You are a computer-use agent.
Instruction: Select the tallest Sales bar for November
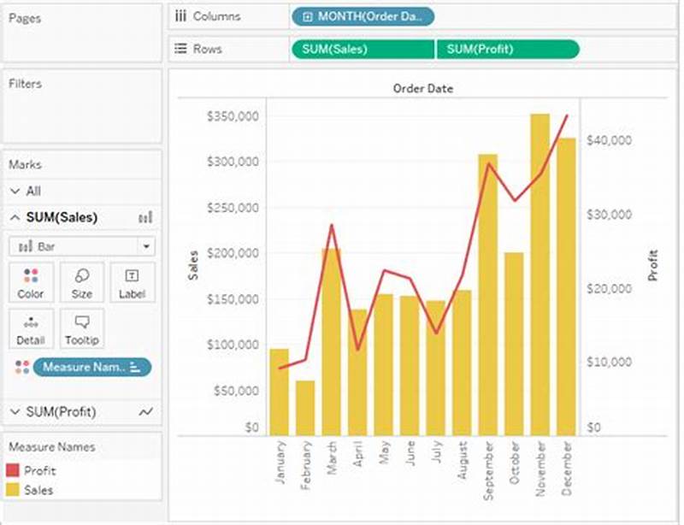[540, 274]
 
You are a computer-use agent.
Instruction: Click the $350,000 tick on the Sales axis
[233, 116]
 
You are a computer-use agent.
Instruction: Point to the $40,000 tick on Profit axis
[608, 140]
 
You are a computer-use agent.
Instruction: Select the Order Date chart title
[422, 88]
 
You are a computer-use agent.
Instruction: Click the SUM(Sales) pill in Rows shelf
[363, 49]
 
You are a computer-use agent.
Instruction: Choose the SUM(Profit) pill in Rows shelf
[508, 49]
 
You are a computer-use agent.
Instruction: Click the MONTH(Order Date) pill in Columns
[363, 16]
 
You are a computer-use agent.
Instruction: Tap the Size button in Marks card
[82, 281]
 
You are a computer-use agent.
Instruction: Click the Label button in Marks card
[133, 281]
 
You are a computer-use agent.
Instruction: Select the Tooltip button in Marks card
[82, 328]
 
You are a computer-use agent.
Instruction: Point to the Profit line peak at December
[566, 115]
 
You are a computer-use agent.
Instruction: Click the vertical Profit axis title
[653, 265]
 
